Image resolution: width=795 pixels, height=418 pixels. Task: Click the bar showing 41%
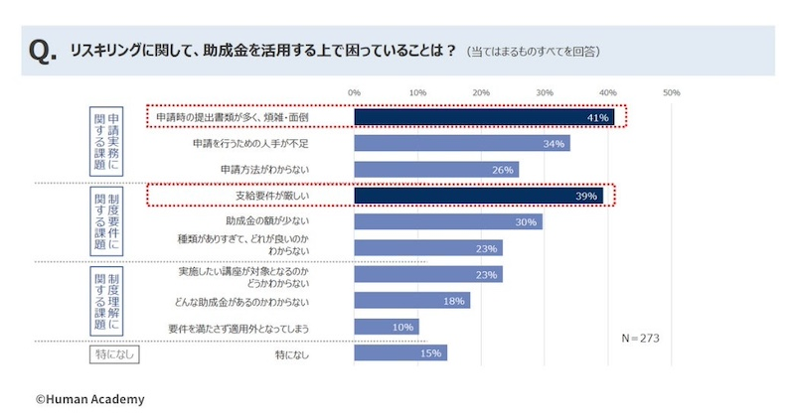(x=484, y=117)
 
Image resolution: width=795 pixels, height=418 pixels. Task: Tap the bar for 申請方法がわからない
(x=436, y=170)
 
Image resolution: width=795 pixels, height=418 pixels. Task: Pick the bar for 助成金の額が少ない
(x=448, y=221)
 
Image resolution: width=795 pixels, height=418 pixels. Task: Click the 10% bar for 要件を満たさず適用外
(x=387, y=327)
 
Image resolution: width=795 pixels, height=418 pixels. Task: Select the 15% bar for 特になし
(x=400, y=352)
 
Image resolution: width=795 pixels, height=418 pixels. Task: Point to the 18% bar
(x=411, y=300)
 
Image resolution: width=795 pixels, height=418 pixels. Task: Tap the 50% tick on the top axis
(x=671, y=92)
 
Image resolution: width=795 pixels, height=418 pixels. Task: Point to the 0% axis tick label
(x=354, y=92)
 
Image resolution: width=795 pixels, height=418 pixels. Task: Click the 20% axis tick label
(x=481, y=92)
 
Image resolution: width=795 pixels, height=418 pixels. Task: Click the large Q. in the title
(x=44, y=51)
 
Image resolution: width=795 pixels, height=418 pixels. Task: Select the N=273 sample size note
(x=640, y=338)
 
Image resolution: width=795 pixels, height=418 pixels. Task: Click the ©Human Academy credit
(x=90, y=399)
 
